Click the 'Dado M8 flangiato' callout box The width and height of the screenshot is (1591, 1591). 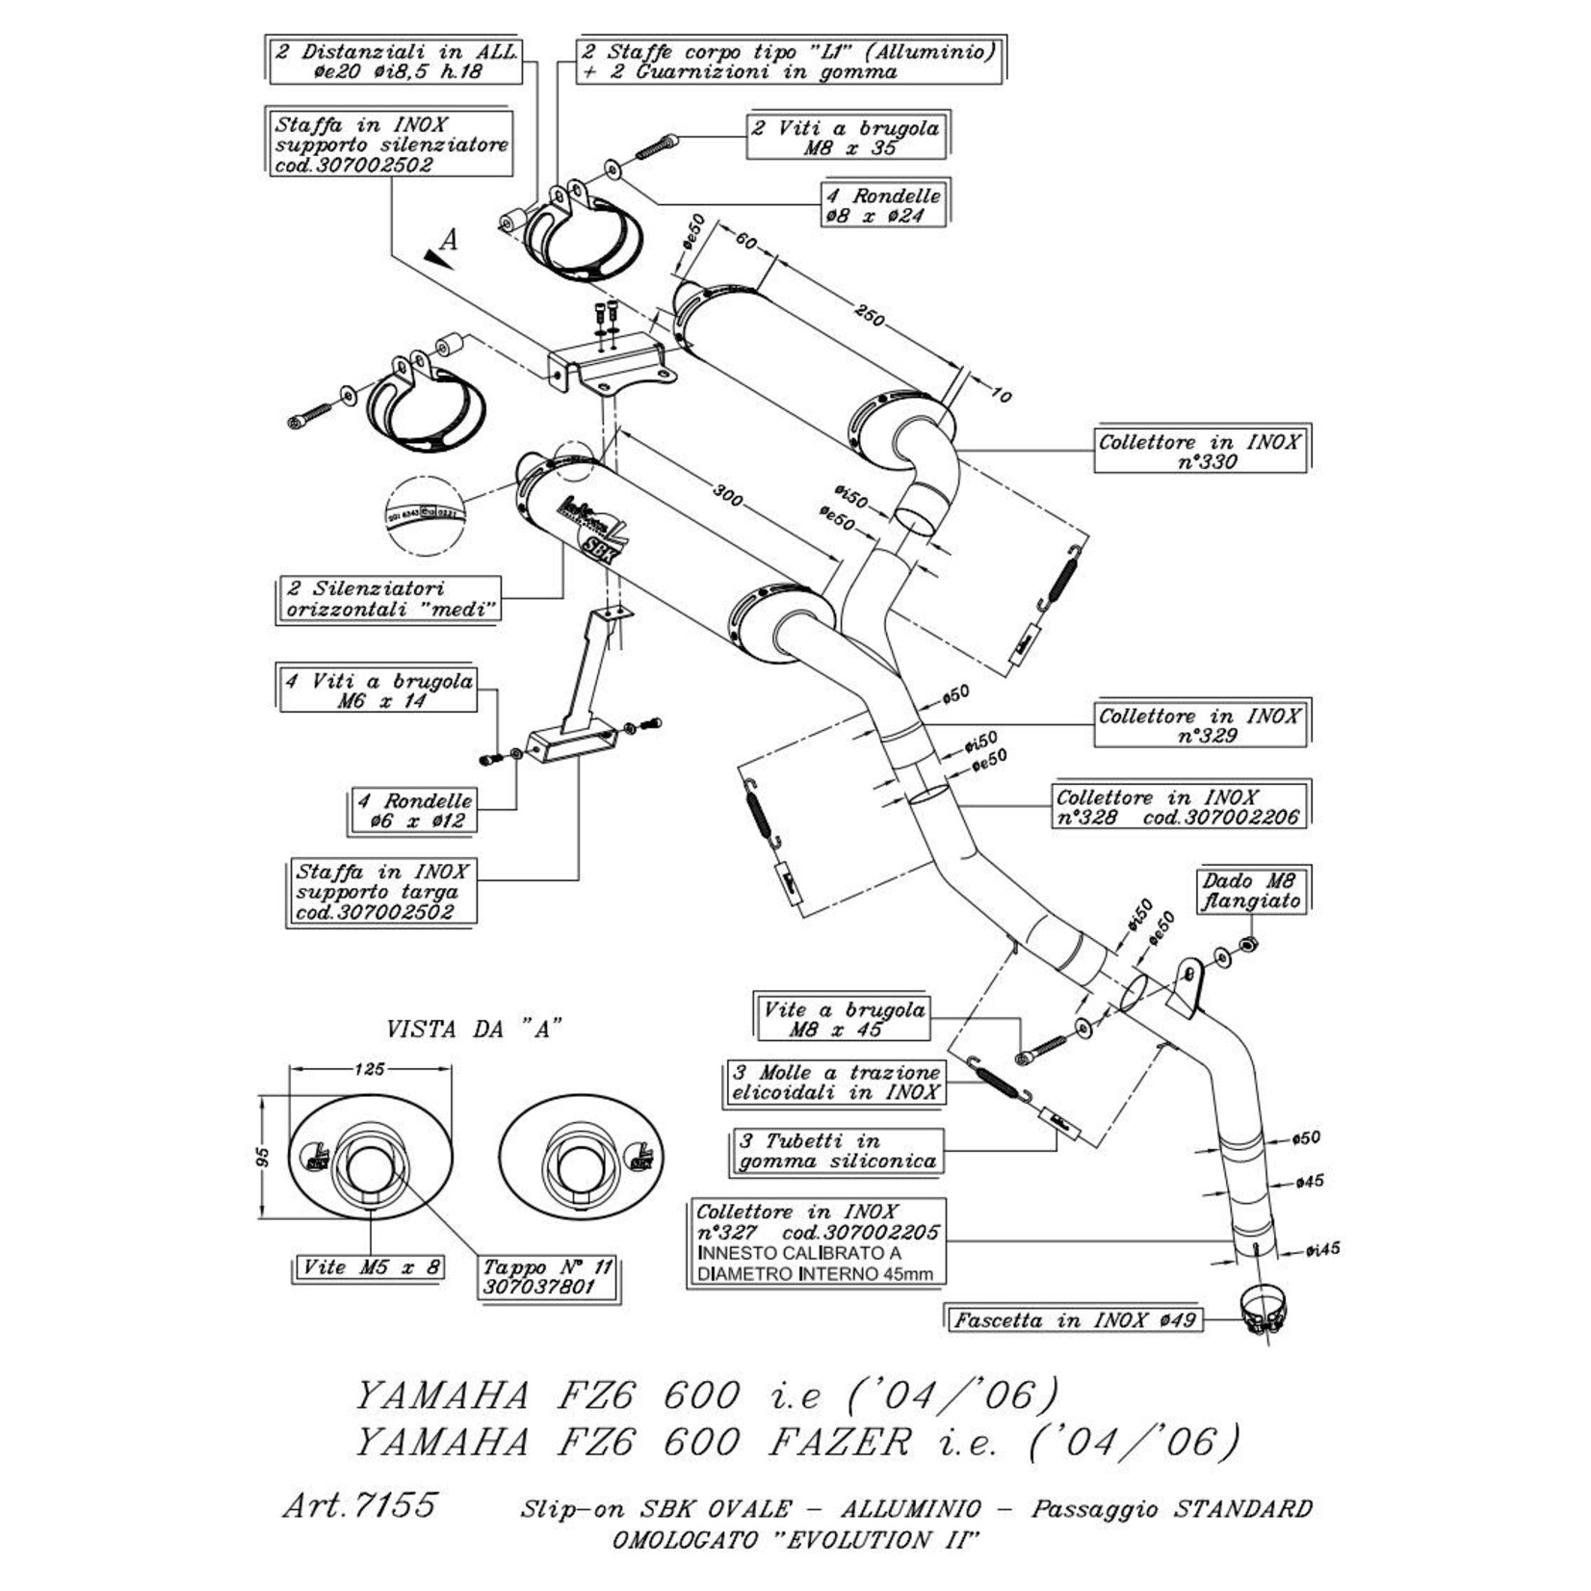[1250, 891]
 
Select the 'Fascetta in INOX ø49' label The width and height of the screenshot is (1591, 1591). [1075, 1319]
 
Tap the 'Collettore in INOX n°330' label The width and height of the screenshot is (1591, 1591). [1200, 451]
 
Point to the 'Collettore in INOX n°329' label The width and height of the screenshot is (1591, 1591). [1200, 725]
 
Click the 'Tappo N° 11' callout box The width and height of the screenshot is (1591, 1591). [548, 1277]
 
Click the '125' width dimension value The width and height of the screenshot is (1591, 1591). [370, 1068]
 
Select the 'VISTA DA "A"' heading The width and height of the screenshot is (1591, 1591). [474, 1030]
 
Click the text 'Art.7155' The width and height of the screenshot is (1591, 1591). [360, 1504]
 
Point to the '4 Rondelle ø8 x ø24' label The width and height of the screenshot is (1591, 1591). [883, 205]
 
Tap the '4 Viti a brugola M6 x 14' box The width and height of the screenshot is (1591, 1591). [378, 691]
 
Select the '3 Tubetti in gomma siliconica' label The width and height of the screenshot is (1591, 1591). [836, 1151]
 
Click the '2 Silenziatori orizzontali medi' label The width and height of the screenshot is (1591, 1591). [390, 598]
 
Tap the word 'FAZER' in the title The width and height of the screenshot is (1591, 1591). [840, 1443]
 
